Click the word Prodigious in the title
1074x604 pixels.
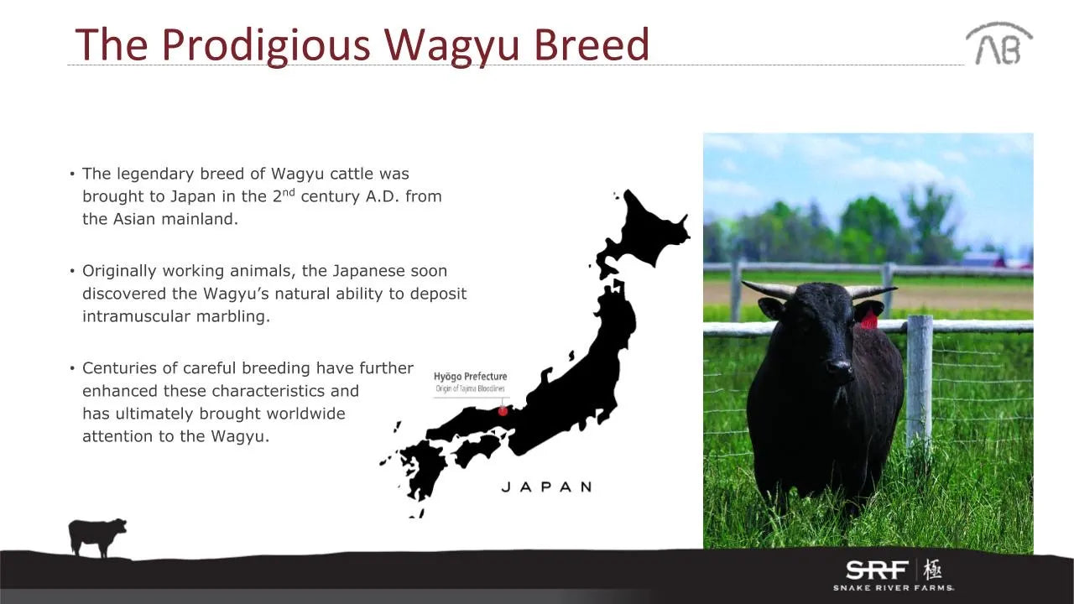(266, 45)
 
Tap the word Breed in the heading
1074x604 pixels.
(592, 44)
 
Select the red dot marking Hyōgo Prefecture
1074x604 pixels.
(503, 411)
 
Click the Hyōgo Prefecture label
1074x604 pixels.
(471, 377)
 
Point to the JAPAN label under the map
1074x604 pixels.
(546, 487)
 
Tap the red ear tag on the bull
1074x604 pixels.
(868, 320)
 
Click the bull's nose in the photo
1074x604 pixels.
(840, 367)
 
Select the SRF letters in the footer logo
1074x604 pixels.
(877, 570)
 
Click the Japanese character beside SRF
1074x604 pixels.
(932, 570)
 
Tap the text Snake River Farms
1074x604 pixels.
(894, 588)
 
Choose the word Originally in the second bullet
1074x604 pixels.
(119, 271)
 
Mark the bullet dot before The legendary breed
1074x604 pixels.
(72, 174)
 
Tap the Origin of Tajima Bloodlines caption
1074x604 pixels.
(470, 388)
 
